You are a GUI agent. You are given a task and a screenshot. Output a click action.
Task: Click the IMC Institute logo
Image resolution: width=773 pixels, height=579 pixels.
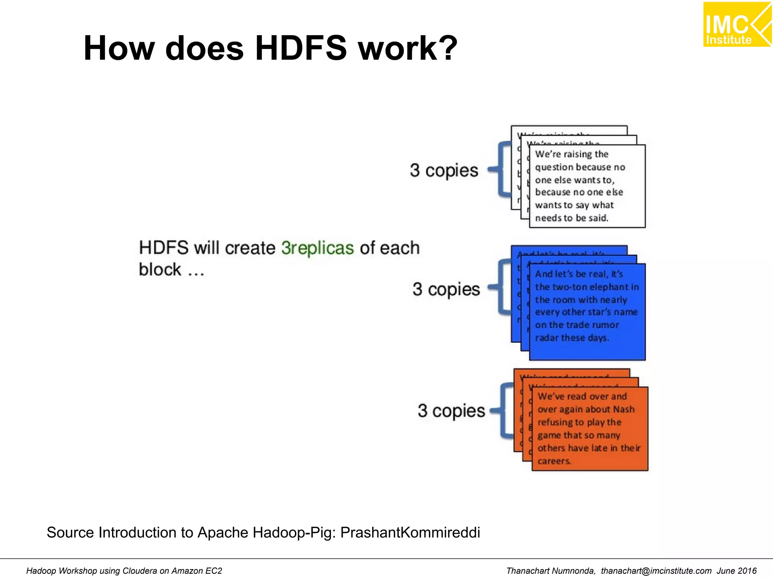pyautogui.click(x=737, y=25)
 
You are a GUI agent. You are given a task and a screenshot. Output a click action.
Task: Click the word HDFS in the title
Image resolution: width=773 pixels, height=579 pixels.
pyautogui.click(x=300, y=48)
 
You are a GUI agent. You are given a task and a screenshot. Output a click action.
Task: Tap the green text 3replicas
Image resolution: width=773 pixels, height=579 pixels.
pyautogui.click(x=317, y=248)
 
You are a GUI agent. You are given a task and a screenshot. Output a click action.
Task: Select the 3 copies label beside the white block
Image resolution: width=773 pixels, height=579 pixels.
pyautogui.click(x=444, y=170)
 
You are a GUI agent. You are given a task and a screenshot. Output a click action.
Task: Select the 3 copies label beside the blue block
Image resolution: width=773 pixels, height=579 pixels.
pyautogui.click(x=446, y=289)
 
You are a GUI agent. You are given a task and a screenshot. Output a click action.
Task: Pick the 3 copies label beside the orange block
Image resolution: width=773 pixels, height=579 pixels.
pyautogui.click(x=451, y=411)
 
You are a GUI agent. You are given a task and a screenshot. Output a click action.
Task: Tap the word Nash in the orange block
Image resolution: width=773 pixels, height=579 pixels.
pyautogui.click(x=624, y=409)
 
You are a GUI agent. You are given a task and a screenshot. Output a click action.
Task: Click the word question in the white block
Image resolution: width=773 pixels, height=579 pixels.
pyautogui.click(x=553, y=167)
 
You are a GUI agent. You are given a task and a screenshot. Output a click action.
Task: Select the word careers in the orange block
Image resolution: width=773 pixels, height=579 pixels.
pyautogui.click(x=554, y=461)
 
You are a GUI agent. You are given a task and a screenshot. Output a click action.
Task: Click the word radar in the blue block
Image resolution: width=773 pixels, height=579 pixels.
pyautogui.click(x=545, y=338)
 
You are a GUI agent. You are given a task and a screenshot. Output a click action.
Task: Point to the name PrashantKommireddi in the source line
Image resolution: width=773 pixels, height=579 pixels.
pyautogui.click(x=410, y=533)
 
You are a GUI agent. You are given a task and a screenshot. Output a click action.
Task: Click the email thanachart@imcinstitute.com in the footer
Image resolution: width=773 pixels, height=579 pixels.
pyautogui.click(x=656, y=571)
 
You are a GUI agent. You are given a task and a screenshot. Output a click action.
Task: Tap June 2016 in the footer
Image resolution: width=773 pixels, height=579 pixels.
pyautogui.click(x=736, y=571)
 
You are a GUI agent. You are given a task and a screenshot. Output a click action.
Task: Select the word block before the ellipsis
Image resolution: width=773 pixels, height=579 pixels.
pyautogui.click(x=160, y=270)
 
